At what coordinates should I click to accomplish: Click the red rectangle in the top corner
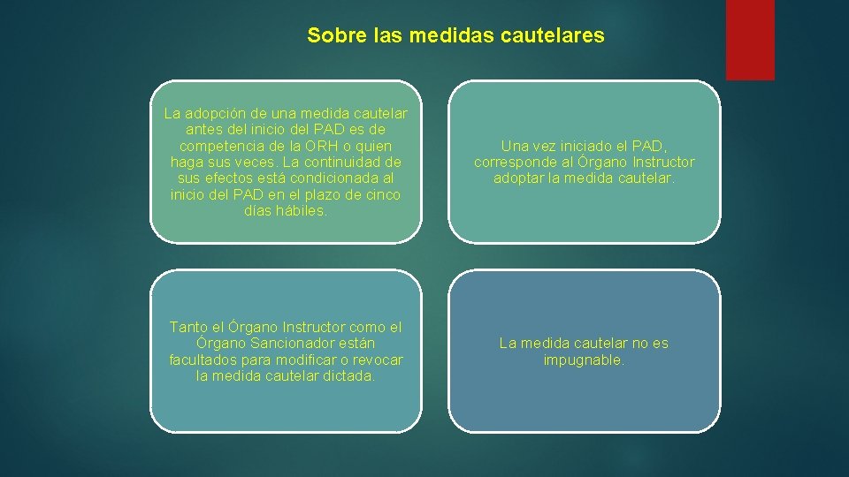(750, 40)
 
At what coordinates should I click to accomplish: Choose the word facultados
(204, 360)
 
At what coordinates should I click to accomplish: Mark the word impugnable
(584, 360)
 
